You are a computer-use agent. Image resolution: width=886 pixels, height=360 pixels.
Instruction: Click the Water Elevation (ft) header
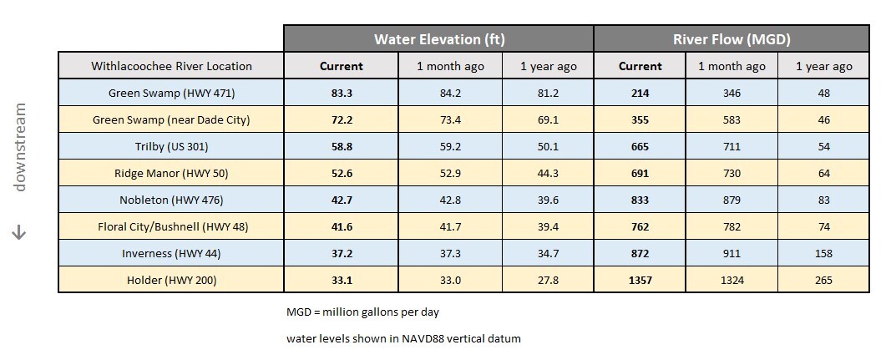[x=438, y=39]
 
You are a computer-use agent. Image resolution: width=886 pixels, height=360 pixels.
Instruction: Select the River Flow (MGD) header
[x=732, y=39]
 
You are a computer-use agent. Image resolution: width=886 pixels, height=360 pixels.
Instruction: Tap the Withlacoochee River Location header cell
[x=171, y=66]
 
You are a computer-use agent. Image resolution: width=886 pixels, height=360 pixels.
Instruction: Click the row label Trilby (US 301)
[x=171, y=147]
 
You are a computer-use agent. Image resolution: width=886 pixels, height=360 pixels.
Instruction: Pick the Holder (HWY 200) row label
[x=171, y=281]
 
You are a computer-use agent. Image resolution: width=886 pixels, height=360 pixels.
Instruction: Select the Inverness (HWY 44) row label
[x=171, y=254]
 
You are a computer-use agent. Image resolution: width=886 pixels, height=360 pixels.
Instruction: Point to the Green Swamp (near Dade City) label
[x=171, y=120]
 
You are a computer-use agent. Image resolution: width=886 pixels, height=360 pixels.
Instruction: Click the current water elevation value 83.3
[x=341, y=94]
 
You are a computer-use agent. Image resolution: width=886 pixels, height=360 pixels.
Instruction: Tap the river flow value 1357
[x=640, y=281]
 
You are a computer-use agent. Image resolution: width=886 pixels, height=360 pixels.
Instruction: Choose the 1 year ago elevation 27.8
[x=548, y=281]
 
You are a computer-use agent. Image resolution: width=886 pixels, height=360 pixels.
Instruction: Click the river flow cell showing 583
[x=732, y=120]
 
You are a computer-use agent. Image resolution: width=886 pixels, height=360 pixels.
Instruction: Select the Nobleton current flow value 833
[x=640, y=200]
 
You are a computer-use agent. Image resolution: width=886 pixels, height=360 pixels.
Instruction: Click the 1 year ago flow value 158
[x=823, y=254]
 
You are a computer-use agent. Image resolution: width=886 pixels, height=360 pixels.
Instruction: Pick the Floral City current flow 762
[x=640, y=227]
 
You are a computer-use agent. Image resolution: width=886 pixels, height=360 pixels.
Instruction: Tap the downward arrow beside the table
[x=20, y=234]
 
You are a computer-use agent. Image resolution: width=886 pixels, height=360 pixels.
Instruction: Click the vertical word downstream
[x=20, y=147]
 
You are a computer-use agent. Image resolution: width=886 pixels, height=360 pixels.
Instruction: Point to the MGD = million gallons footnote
[x=362, y=312]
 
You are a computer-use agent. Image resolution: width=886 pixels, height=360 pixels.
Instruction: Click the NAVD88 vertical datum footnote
[x=403, y=338]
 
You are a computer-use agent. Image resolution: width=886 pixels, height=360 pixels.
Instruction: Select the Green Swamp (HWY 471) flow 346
[x=732, y=94]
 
